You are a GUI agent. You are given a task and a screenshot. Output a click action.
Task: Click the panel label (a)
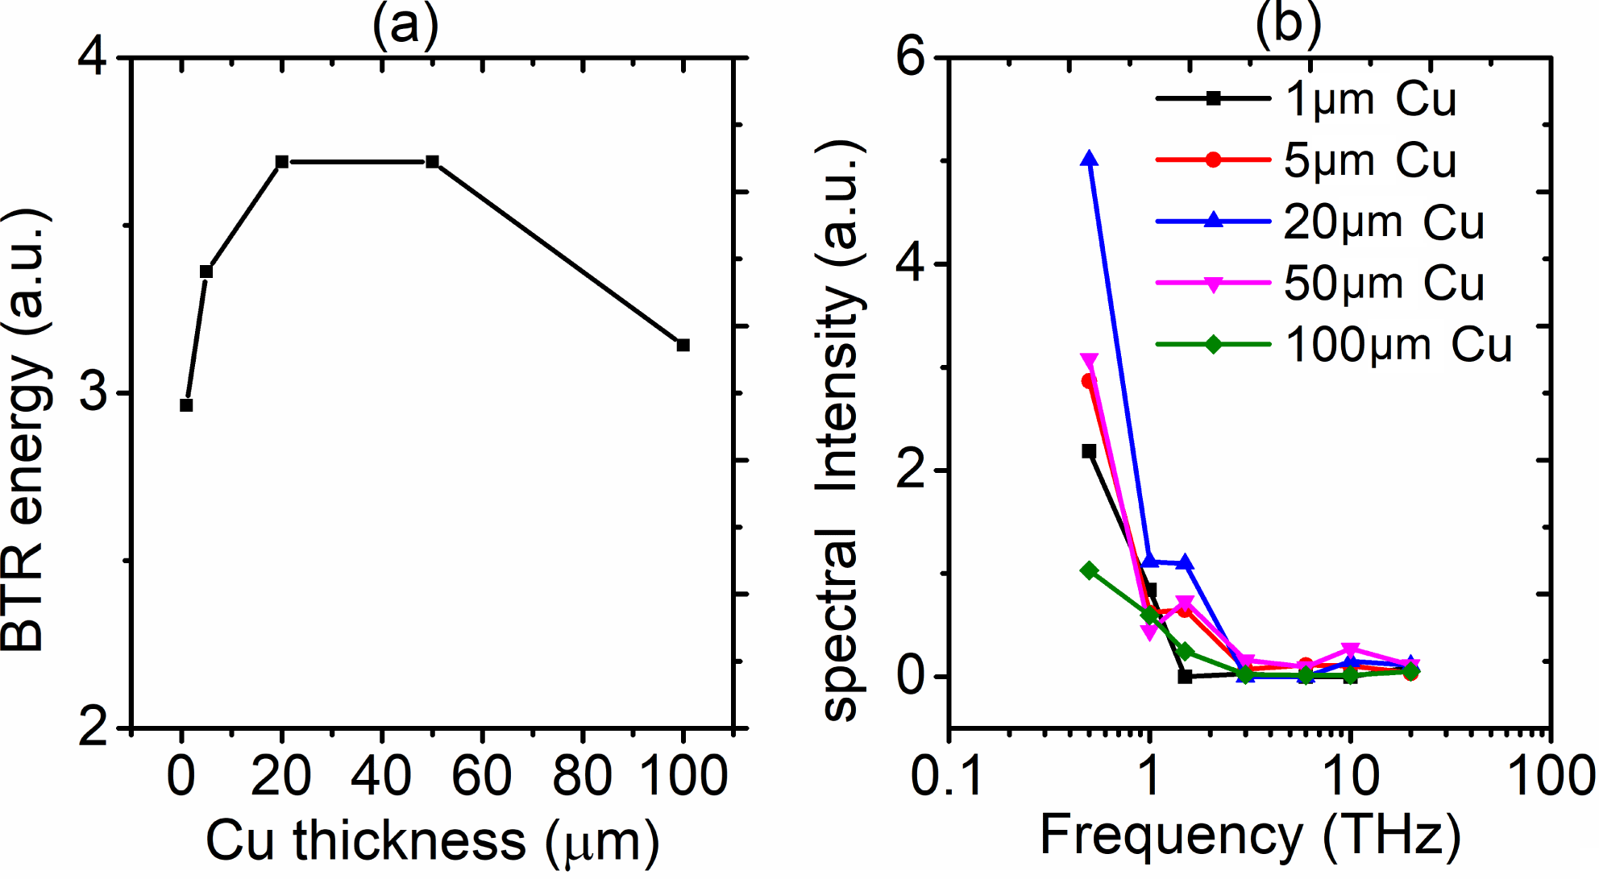405,24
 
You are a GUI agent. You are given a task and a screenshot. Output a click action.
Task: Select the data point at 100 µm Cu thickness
683,345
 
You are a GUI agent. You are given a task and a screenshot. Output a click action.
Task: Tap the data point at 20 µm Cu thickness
282,162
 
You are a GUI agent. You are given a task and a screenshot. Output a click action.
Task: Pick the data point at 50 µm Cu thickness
432,162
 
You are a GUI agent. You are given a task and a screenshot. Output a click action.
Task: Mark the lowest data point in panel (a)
186,405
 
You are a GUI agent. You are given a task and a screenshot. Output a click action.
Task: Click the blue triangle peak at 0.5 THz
1090,159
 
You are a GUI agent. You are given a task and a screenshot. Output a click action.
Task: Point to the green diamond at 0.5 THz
1090,570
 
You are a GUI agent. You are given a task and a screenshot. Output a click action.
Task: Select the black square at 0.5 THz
1090,451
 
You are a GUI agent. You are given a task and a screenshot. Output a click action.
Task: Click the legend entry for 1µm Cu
1306,99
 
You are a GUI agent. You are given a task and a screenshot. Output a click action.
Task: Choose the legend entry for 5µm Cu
1306,160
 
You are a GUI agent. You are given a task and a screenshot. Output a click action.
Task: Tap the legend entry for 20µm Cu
1319,222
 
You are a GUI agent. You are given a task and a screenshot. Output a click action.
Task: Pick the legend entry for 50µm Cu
1319,283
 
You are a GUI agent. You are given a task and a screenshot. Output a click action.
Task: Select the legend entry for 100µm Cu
1333,345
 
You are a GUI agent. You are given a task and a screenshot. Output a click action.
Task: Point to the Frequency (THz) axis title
1250,835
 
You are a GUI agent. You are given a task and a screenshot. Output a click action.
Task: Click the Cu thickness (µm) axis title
433,840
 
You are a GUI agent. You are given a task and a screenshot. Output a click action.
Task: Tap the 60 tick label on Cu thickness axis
482,776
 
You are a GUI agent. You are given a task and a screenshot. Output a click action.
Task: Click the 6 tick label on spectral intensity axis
912,58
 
